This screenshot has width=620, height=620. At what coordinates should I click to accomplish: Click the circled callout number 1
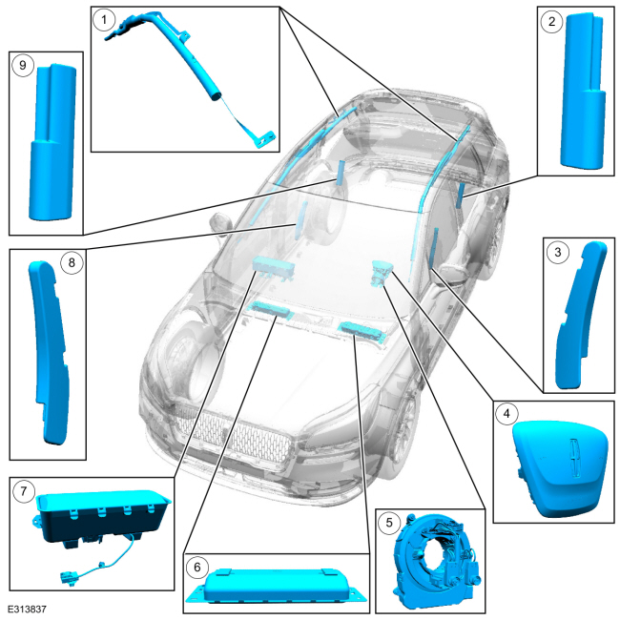click(104, 20)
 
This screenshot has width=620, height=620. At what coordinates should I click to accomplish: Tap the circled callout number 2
click(551, 21)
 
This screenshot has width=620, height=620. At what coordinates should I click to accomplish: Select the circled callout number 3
click(558, 252)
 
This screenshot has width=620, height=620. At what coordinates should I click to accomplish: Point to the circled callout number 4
click(506, 414)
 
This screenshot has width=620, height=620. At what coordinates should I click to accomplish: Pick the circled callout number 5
click(389, 523)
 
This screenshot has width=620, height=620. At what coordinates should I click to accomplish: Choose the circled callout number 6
click(196, 568)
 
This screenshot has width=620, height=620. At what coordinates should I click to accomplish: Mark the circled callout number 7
click(23, 491)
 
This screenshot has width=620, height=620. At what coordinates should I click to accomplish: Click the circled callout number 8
click(72, 262)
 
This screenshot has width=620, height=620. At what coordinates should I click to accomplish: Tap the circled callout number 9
click(23, 65)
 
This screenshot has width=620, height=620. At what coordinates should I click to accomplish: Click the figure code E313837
click(27, 609)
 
